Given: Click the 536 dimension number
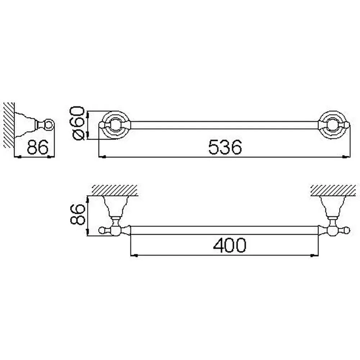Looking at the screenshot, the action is point(225,147).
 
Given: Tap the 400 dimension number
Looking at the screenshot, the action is point(229,245).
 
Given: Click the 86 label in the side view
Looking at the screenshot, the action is point(38,147).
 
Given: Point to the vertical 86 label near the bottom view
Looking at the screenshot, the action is point(78,214).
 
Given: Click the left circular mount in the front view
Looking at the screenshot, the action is point(115,125).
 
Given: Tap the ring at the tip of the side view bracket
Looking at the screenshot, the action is point(49,125).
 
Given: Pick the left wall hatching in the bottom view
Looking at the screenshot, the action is point(115,190).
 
